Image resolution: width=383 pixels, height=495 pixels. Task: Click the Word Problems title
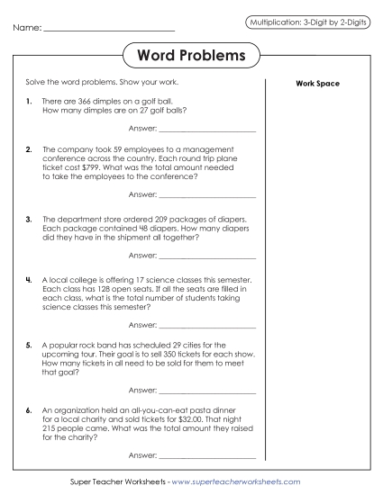[191, 56]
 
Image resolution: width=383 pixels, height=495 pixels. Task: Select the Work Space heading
[317, 84]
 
